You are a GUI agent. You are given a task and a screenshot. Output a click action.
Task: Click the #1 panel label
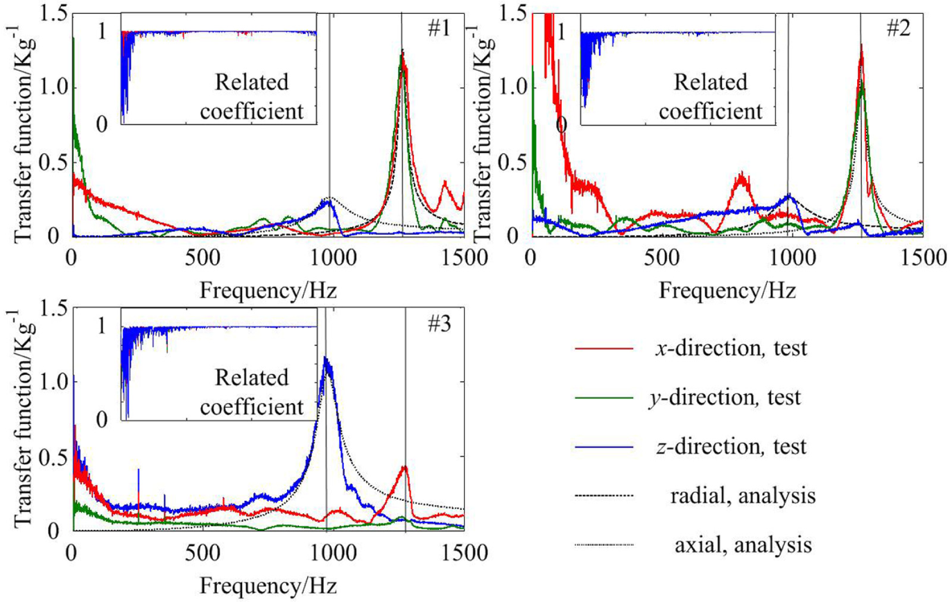tap(439, 30)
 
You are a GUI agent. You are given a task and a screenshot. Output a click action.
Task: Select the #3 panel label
tap(439, 325)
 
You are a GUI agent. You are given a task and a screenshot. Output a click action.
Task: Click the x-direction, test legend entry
tap(691, 348)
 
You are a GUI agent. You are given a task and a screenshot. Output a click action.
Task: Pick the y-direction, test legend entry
tap(689, 398)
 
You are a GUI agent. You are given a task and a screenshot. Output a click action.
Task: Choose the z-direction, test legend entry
tap(691, 447)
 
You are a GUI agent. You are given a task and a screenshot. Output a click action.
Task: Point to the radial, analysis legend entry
tap(696, 496)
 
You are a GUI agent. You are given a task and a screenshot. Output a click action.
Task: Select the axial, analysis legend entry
tap(694, 545)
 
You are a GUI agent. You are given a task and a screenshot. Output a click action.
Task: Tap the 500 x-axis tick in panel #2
tap(661, 258)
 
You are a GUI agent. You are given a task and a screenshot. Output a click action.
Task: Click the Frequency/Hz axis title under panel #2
tap(727, 292)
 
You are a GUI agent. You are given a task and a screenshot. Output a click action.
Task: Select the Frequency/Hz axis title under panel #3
tap(268, 586)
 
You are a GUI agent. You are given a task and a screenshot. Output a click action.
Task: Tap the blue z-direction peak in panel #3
tap(326, 358)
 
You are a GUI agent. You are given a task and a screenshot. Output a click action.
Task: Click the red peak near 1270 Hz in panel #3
tap(404, 467)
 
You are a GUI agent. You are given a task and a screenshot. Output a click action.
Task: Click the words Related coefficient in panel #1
tap(252, 97)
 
